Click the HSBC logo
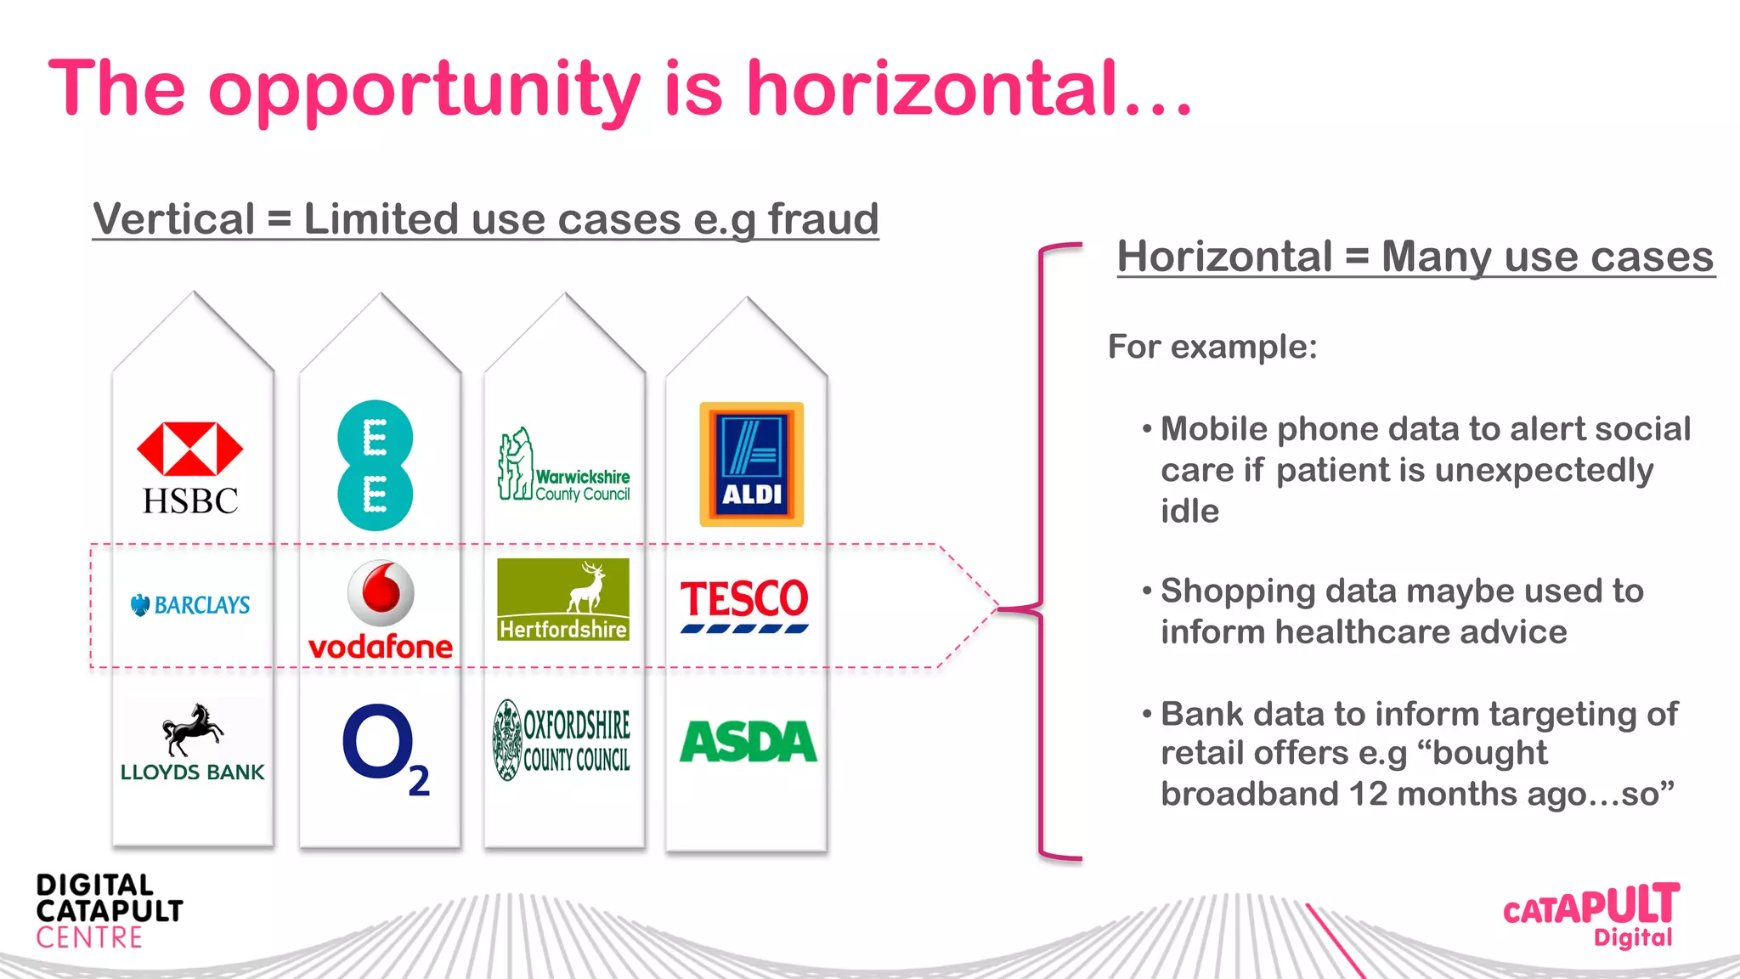(x=190, y=468)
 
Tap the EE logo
(x=375, y=466)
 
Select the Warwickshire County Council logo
(x=563, y=465)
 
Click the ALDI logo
(x=751, y=464)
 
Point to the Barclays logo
(x=190, y=605)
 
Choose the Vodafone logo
(x=381, y=610)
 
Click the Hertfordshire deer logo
(x=563, y=599)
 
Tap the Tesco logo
(x=744, y=605)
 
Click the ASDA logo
(x=748, y=742)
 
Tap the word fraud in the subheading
(x=822, y=219)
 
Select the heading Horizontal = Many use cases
(x=1415, y=257)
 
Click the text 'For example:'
(x=1212, y=347)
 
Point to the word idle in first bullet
(x=1189, y=512)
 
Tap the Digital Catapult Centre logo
(x=109, y=911)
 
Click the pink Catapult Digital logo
(x=1591, y=914)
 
